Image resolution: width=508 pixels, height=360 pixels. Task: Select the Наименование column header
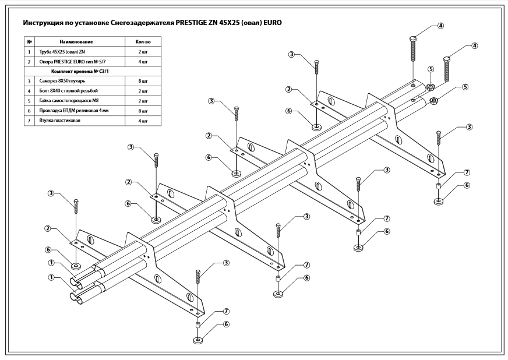[76, 42]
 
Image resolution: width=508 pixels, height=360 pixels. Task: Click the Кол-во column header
[143, 42]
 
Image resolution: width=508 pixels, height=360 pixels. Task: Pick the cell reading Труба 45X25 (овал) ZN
[62, 52]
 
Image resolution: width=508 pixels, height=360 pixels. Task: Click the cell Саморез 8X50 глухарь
[62, 81]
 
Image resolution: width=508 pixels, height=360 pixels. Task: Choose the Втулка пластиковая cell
[59, 121]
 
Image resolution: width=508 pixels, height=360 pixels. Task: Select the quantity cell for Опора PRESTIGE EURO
[143, 62]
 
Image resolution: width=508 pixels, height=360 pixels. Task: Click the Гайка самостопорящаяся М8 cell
[69, 101]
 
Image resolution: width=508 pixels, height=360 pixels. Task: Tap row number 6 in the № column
[29, 111]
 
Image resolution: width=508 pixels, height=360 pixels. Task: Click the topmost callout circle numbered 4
[440, 26]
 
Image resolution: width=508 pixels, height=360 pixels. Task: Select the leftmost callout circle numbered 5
[431, 69]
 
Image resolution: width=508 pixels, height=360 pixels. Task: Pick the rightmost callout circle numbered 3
[469, 127]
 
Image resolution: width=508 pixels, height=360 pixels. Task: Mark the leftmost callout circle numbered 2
[48, 229]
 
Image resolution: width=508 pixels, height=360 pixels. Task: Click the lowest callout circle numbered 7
[226, 312]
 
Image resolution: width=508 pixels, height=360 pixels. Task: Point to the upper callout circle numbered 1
[51, 263]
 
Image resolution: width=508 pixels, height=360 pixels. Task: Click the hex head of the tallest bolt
[413, 39]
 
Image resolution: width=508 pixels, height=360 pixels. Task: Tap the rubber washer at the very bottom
[197, 341]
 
